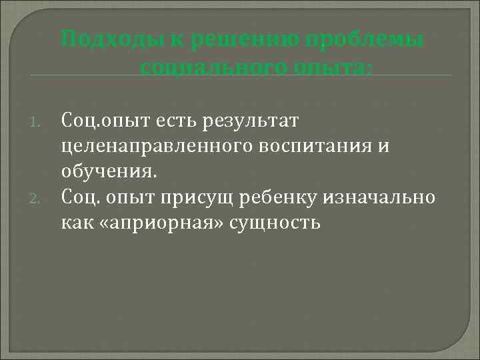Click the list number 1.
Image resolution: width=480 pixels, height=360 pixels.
38,122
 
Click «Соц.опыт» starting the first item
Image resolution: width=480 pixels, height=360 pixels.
100,121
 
